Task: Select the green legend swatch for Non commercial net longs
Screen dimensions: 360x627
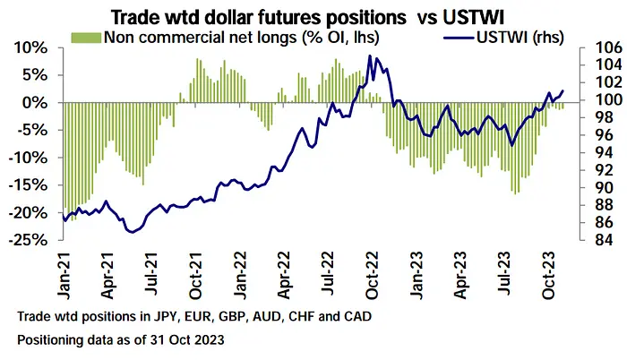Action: click(x=86, y=38)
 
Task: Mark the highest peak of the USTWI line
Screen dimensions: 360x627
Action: click(x=370, y=56)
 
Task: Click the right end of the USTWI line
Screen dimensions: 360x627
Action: click(x=563, y=90)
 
